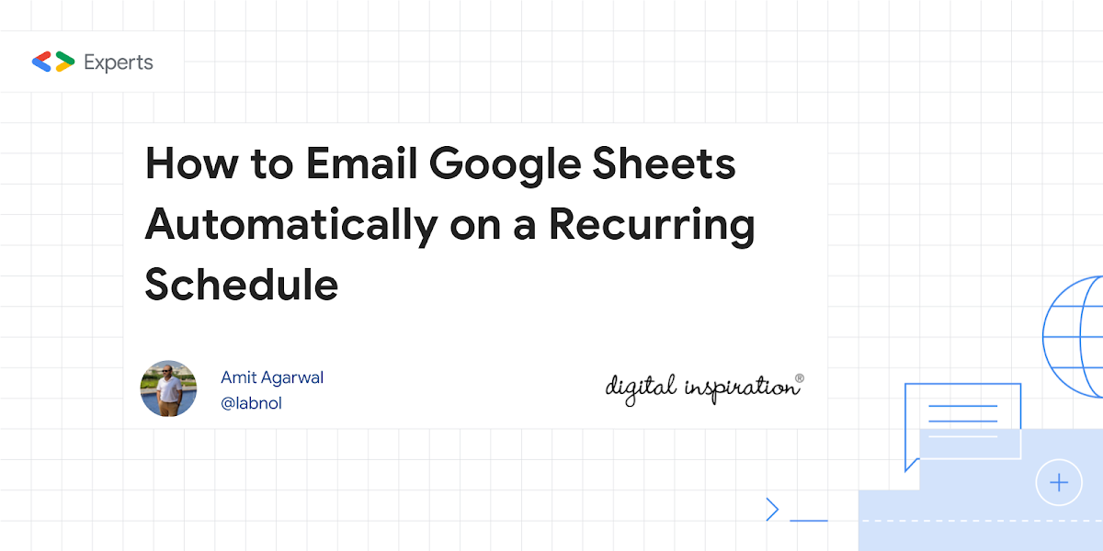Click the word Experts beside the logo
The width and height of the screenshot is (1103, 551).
tap(119, 63)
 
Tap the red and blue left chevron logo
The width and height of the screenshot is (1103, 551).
tap(42, 62)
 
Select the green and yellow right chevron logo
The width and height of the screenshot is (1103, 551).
tap(65, 62)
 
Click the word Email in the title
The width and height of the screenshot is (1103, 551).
tap(361, 163)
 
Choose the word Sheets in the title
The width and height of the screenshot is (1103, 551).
tap(664, 163)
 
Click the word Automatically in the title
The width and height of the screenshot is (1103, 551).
tap(291, 227)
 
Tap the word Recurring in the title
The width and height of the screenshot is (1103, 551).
tap(652, 227)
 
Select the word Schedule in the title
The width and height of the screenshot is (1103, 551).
tap(241, 284)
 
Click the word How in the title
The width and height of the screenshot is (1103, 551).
tap(191, 163)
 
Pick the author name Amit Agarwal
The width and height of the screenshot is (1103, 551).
tap(272, 377)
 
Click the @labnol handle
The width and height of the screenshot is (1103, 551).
tap(251, 403)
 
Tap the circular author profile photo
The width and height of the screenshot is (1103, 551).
tap(168, 388)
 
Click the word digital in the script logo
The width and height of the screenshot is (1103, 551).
tap(641, 388)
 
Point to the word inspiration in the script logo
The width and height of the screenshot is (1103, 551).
tap(740, 388)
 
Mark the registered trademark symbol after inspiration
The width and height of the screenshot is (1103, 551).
tap(800, 378)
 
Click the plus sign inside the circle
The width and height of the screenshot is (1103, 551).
tap(1059, 483)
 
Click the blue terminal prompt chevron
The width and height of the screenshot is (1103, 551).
tap(773, 509)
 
